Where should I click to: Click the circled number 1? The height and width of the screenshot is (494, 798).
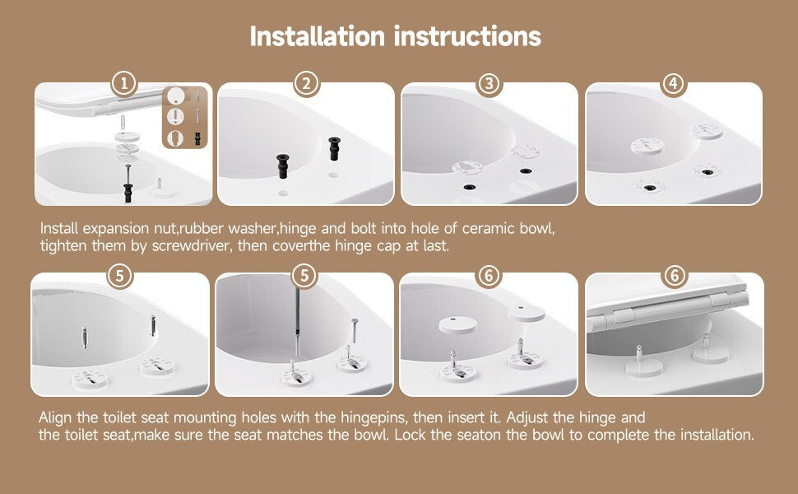click(124, 83)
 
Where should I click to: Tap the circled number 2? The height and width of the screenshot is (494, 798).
click(306, 83)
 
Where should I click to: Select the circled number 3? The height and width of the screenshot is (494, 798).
click(489, 83)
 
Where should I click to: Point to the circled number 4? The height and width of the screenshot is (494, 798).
click(674, 83)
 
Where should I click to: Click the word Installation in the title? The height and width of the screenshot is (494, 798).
click(317, 36)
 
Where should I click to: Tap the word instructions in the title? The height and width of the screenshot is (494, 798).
click(468, 36)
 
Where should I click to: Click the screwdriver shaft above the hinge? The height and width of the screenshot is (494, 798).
click(297, 320)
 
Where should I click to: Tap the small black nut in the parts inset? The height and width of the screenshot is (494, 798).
click(197, 137)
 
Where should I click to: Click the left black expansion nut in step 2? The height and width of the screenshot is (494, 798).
click(283, 165)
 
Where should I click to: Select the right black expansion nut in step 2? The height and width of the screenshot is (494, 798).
click(334, 148)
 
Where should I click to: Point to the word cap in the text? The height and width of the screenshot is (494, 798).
click(389, 246)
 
